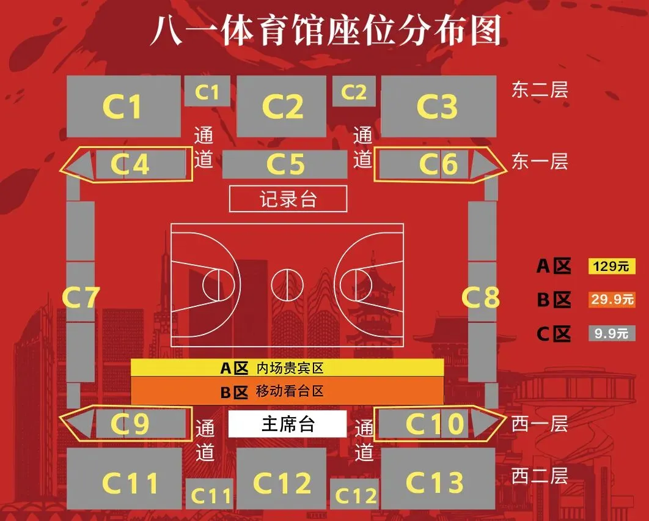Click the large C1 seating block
pos(123,106)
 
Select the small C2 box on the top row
pos(353,92)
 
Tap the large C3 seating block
pos(438,106)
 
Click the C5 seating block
pos(285,164)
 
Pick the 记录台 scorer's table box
pos(288,199)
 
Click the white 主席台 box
pos(287,424)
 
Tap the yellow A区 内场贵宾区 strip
pos(287,368)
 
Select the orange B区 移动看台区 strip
pos(287,391)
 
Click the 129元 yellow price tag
pos(612,267)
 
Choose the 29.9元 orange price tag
pos(612,300)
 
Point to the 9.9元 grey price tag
pos(612,333)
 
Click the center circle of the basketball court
pos(287,285)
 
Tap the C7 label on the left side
pos(81,298)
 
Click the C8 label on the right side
pos(480,298)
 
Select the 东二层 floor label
pos(540,90)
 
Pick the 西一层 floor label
pos(540,423)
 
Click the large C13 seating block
pos(438,482)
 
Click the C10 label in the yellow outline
pos(435,424)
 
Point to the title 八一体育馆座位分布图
pos(325,31)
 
